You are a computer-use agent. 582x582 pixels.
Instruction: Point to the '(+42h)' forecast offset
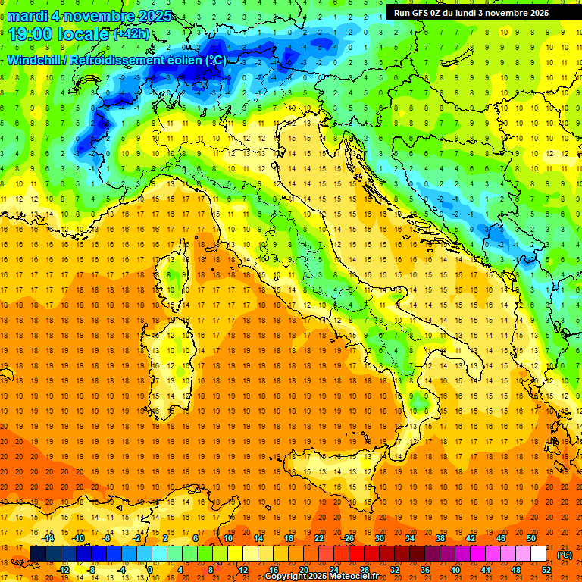pyautogui.click(x=131, y=34)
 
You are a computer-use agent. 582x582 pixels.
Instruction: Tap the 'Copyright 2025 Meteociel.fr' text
pyautogui.click(x=327, y=577)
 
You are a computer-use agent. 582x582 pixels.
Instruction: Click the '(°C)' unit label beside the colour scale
pyautogui.click(x=565, y=554)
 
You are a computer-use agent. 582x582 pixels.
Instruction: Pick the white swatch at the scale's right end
pyautogui.click(x=538, y=554)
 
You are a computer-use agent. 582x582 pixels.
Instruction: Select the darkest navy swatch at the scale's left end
pyautogui.click(x=38, y=554)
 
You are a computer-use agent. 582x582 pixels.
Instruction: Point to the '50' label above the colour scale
pyautogui.click(x=531, y=538)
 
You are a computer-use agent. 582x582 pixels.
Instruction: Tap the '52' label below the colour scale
pyautogui.click(x=546, y=569)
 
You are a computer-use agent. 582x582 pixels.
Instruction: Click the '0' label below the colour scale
pyautogui.click(x=151, y=569)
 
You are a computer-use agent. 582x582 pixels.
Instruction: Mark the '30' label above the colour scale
pyautogui.click(x=380, y=538)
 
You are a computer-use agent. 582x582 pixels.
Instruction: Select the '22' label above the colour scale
pyautogui.click(x=319, y=538)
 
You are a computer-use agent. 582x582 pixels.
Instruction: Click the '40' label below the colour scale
pyautogui.click(x=455, y=569)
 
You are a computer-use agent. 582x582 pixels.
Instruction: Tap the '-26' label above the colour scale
pyautogui.click(x=349, y=538)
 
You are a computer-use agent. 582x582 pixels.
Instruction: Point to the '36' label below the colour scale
pyautogui.click(x=425, y=569)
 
